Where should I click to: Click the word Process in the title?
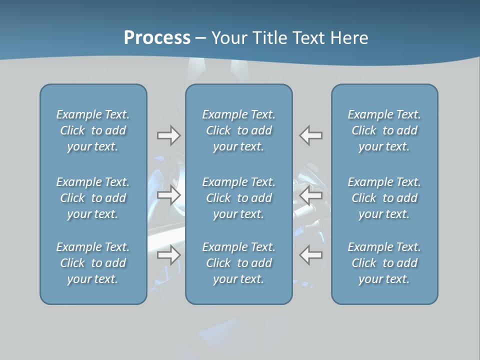point(157,38)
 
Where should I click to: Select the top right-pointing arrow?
point(168,135)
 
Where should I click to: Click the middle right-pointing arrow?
point(168,195)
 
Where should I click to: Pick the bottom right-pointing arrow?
point(168,255)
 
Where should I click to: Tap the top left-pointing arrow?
point(311,135)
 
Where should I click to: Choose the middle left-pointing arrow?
point(311,195)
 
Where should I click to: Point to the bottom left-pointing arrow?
point(311,255)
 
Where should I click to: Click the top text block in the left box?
point(93,130)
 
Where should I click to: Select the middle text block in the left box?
point(93,198)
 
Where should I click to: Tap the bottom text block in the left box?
point(93,263)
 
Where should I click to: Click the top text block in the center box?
point(239,130)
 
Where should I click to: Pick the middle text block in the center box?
point(239,198)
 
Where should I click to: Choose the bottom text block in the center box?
point(239,263)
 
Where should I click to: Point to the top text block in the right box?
point(384,130)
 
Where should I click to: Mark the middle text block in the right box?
point(384,198)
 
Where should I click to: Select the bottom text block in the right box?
point(384,263)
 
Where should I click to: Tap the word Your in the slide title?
point(228,38)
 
